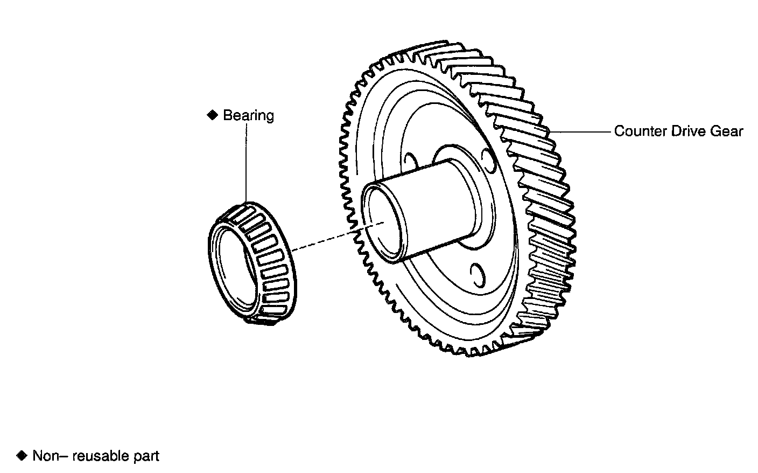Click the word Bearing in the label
pos(248,115)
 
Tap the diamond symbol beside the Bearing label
pos(212,115)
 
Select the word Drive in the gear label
pos(682,131)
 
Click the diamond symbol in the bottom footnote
pos(22,456)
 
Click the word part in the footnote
pos(145,457)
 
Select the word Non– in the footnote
pos(50,456)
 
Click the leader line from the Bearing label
pos(246,162)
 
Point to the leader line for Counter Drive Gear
pos(581,131)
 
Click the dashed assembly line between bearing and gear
pos(323,240)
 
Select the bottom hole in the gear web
pos(475,275)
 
